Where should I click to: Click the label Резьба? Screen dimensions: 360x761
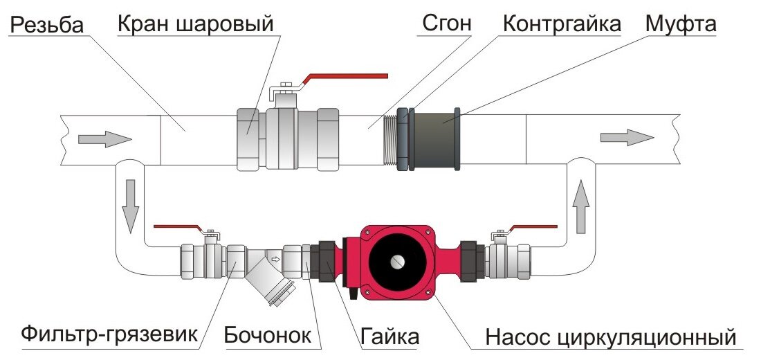(x=47, y=25)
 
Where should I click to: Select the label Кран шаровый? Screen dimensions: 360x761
(x=195, y=24)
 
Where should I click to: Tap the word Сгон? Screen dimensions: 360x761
(x=446, y=24)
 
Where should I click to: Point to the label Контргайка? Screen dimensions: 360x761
(x=562, y=24)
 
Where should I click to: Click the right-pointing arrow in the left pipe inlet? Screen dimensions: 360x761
(x=104, y=138)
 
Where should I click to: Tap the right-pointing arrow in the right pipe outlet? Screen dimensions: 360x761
(x=625, y=136)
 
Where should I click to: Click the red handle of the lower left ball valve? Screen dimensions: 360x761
(x=177, y=227)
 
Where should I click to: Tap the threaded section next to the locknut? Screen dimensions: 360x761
(x=391, y=138)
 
